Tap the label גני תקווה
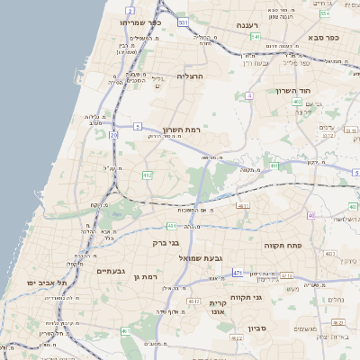point(270,296)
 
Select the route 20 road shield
point(113,135)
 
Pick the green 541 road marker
point(256,37)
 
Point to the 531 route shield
point(184,22)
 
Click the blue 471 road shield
point(237,272)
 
